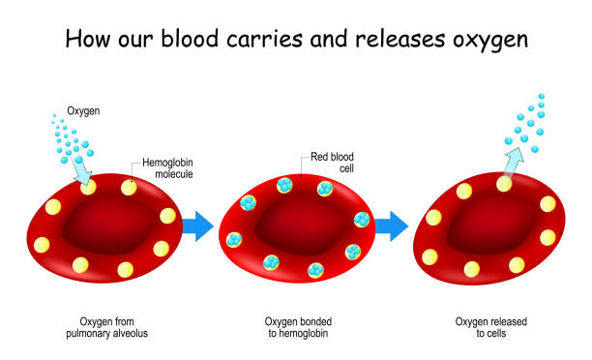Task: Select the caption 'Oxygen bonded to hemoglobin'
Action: [x=298, y=327]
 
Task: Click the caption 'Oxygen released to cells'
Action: [x=488, y=327]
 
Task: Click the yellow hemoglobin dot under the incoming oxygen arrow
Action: [x=89, y=187]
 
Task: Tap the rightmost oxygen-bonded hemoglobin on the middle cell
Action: [x=363, y=220]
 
